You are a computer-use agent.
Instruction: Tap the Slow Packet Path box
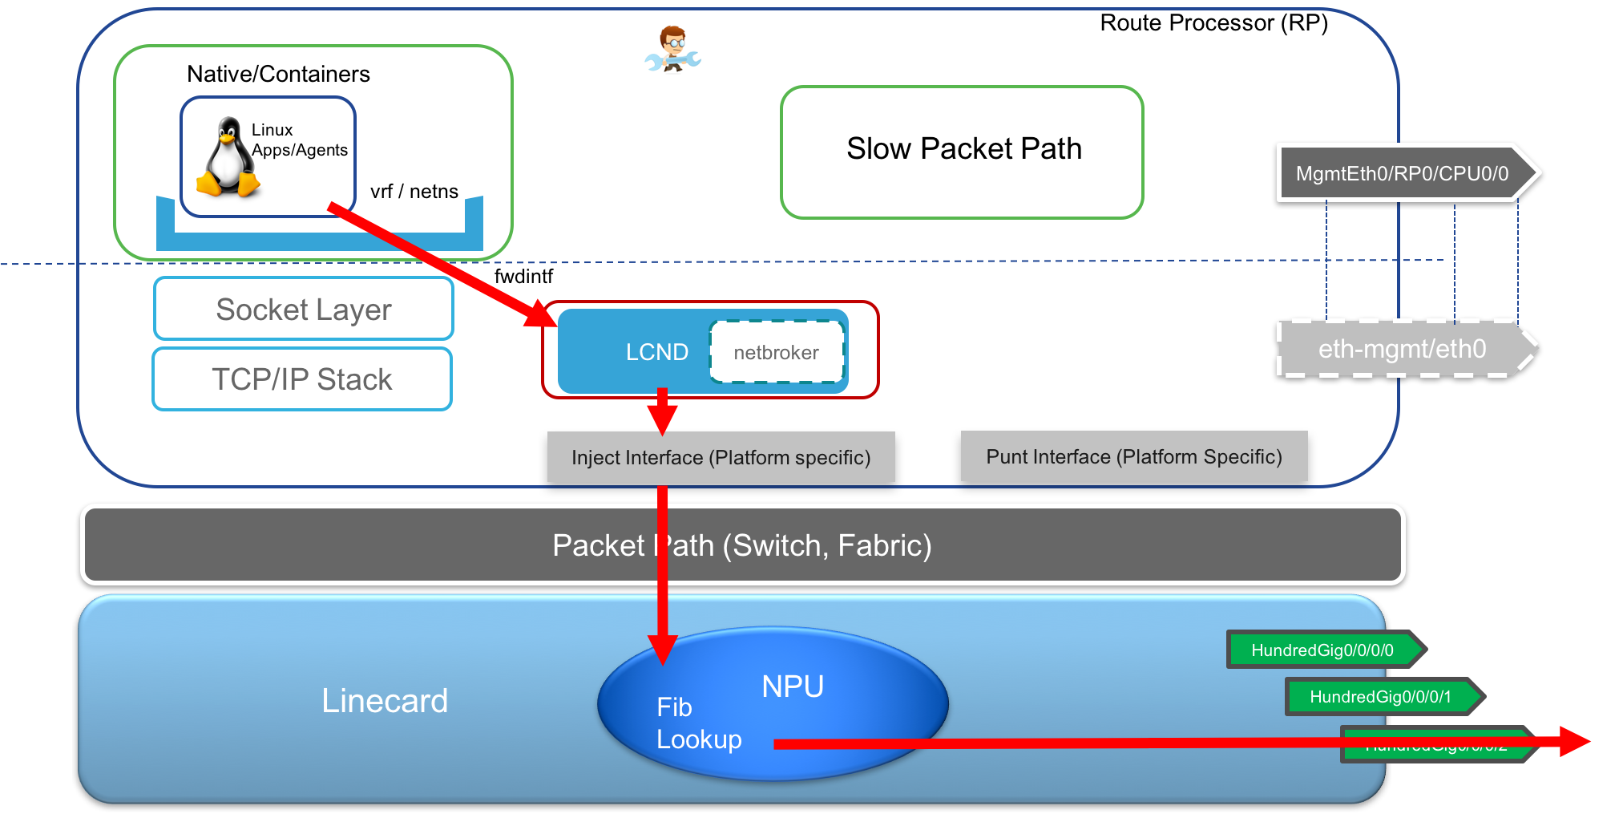click(x=962, y=151)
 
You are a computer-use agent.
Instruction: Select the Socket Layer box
click(x=304, y=309)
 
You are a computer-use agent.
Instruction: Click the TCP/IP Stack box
click(x=302, y=379)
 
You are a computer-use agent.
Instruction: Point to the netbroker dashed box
click(x=776, y=352)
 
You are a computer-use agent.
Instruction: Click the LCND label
click(x=656, y=352)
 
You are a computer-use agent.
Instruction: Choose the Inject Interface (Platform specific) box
click(x=720, y=457)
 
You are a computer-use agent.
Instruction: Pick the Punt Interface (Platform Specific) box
click(x=1133, y=456)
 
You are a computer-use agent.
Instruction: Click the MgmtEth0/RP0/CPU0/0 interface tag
click(x=1402, y=173)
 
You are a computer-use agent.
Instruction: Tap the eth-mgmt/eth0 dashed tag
click(x=1402, y=349)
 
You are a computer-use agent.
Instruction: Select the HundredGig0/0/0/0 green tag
click(x=1322, y=650)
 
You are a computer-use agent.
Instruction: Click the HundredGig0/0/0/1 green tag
click(x=1380, y=696)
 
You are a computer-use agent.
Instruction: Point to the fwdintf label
click(x=523, y=277)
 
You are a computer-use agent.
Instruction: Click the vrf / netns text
click(x=414, y=192)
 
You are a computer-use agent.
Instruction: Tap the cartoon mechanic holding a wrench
click(x=673, y=49)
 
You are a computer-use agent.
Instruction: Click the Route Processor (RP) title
click(x=1213, y=22)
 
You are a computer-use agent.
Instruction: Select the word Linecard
click(x=385, y=701)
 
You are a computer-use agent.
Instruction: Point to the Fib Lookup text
click(x=698, y=723)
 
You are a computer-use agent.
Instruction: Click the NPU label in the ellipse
click(x=793, y=686)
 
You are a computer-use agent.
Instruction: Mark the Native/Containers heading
click(x=278, y=74)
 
